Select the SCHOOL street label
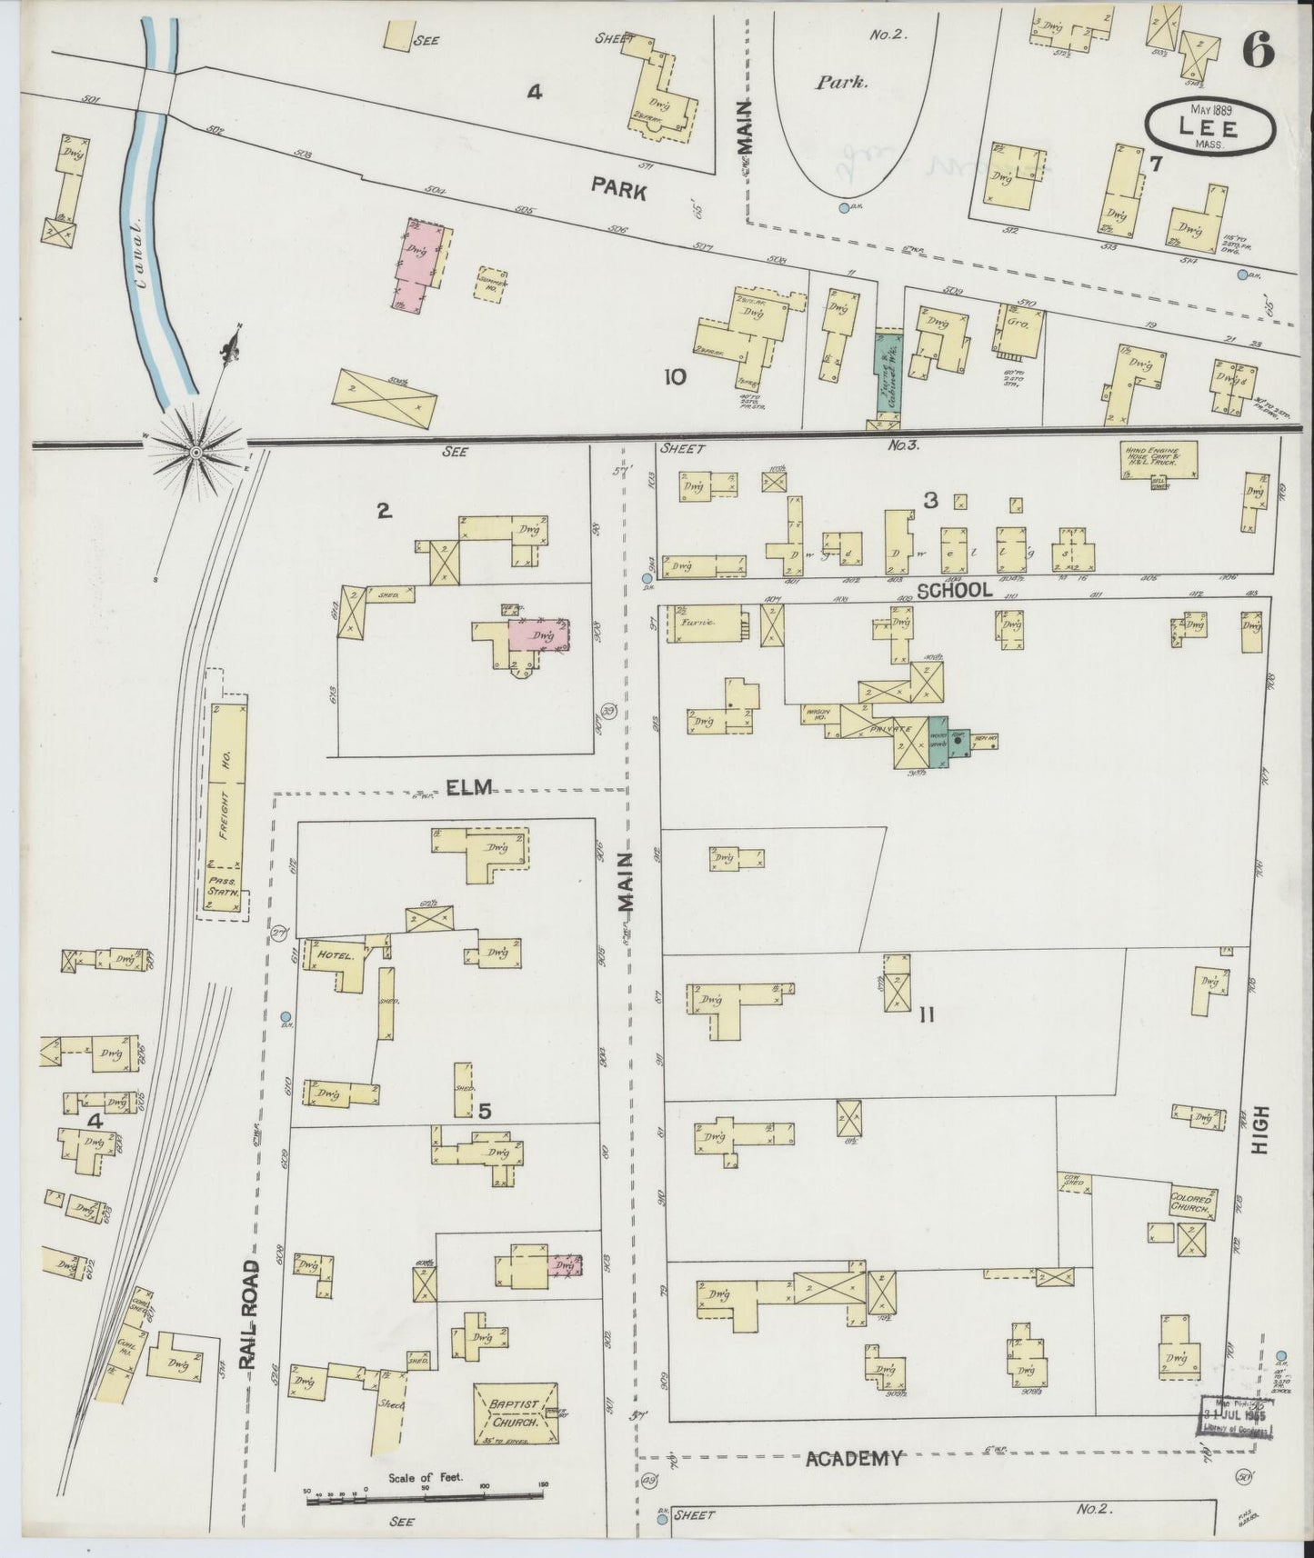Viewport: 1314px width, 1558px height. pos(954,590)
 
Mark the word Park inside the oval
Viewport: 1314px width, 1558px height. pos(841,82)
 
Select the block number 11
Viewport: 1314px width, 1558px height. pos(926,1015)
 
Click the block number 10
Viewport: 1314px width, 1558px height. pos(675,377)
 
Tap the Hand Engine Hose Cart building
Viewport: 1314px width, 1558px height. pos(1158,458)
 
